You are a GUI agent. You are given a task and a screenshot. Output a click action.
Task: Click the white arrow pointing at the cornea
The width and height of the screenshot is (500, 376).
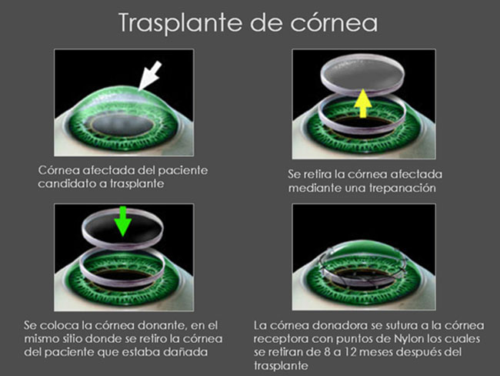[151, 76]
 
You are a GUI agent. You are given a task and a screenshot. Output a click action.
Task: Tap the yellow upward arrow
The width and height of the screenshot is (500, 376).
[363, 103]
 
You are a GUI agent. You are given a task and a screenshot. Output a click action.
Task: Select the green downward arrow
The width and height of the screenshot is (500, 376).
[123, 221]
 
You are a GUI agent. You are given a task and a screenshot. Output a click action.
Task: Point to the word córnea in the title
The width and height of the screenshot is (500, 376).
[334, 23]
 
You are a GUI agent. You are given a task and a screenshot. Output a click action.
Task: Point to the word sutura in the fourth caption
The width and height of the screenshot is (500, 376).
[390, 325]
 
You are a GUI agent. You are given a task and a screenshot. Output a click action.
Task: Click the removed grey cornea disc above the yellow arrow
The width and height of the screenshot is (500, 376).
[362, 76]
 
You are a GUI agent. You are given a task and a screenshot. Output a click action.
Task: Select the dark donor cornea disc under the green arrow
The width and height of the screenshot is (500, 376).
[123, 228]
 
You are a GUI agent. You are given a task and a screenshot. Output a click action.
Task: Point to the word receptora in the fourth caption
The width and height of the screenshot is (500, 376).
[281, 339]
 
